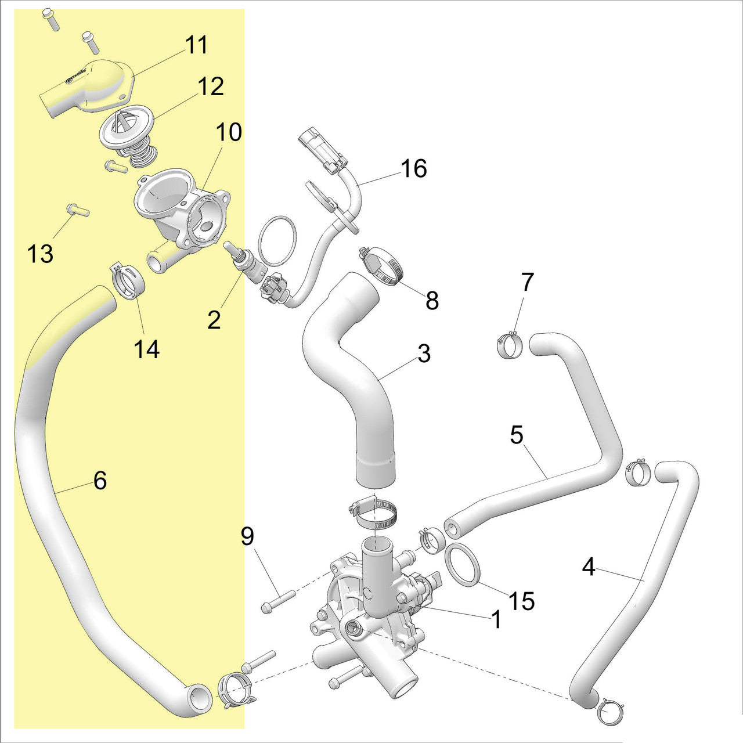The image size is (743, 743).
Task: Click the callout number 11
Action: [x=196, y=45]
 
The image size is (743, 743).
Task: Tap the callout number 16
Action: [x=414, y=168]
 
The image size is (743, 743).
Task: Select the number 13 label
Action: [x=41, y=254]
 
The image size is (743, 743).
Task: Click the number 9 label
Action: [x=247, y=536]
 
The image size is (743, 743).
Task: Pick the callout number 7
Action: [x=526, y=282]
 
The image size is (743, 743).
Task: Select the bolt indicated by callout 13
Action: [x=78, y=210]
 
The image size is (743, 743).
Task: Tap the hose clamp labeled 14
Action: [x=127, y=280]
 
